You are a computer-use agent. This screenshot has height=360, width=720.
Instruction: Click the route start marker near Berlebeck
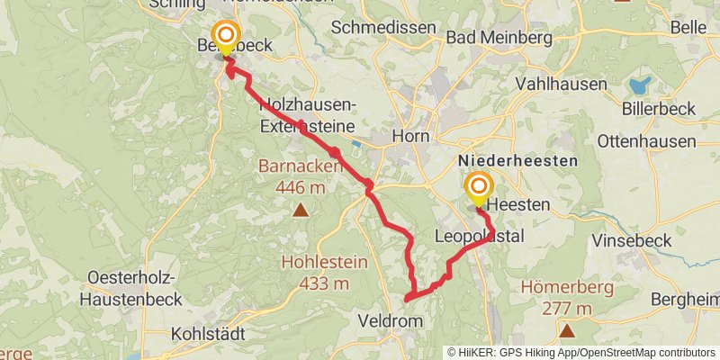(x=222, y=36)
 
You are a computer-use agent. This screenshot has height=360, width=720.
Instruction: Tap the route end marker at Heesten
(x=477, y=187)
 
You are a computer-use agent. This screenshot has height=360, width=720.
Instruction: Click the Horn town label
(x=410, y=137)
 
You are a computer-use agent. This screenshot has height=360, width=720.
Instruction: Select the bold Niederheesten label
(x=517, y=159)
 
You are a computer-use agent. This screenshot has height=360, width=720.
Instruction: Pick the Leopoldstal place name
(x=479, y=237)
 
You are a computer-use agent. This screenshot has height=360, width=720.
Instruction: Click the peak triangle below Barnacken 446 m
(x=300, y=211)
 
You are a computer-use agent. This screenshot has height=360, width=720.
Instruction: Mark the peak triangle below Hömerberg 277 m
(x=567, y=331)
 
